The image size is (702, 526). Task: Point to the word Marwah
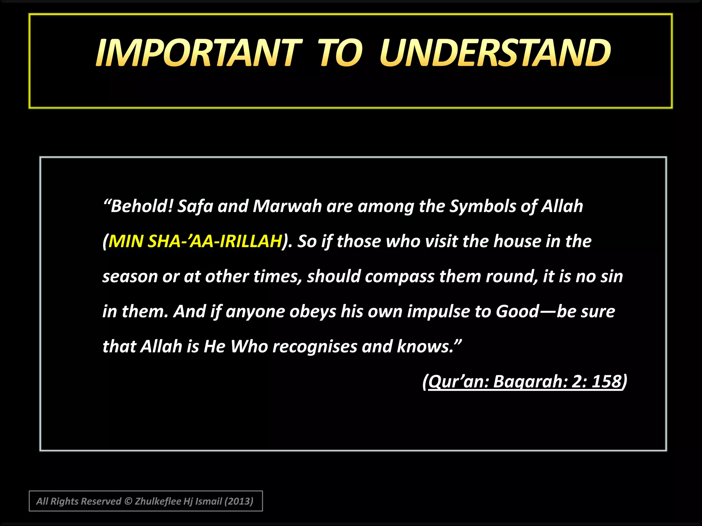tap(287, 206)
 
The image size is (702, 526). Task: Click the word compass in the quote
tap(399, 277)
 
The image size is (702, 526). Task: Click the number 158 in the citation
tap(607, 381)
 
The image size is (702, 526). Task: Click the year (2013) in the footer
tap(239, 501)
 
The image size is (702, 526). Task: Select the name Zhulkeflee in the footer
tap(158, 501)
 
